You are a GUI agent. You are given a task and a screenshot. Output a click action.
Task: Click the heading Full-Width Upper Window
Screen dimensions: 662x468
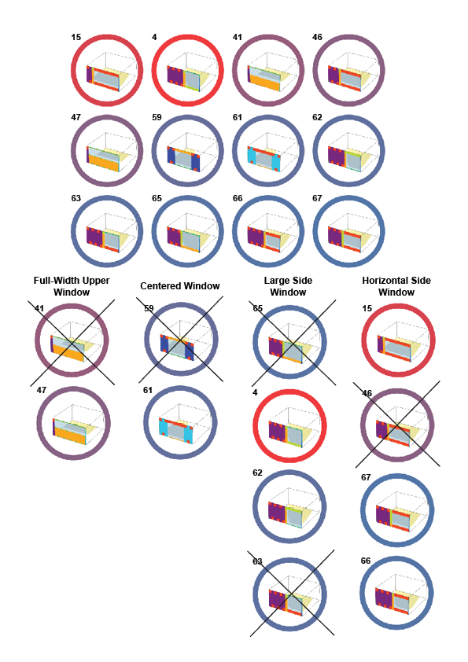(x=72, y=286)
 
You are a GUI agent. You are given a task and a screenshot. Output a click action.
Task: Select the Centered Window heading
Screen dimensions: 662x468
(x=180, y=286)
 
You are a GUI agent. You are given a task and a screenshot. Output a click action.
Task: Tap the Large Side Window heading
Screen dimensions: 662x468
(x=288, y=286)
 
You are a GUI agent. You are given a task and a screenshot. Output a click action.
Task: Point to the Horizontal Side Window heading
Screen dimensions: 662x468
(x=396, y=286)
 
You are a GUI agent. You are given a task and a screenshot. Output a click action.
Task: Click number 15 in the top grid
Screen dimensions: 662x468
(x=76, y=37)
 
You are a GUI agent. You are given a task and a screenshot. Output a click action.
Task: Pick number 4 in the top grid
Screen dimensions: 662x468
(x=156, y=37)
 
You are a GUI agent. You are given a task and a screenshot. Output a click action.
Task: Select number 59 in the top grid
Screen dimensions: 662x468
(x=157, y=117)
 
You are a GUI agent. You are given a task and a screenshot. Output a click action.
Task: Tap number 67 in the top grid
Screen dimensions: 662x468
(x=318, y=198)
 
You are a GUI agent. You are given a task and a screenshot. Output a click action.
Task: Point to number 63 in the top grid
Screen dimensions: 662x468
(x=76, y=198)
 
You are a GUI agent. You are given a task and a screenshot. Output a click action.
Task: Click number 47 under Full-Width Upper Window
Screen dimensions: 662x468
(x=41, y=391)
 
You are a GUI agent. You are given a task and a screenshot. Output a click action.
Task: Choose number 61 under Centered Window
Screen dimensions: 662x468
(x=149, y=391)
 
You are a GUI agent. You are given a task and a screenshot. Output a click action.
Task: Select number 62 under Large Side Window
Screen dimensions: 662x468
(x=258, y=473)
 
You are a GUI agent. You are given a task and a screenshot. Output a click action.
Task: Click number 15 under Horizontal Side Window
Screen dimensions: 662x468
(x=366, y=308)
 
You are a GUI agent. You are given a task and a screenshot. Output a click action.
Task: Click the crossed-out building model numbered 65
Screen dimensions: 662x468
(x=287, y=347)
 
